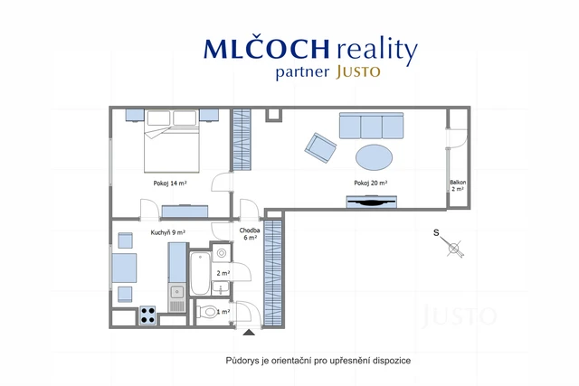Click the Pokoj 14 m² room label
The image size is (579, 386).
(x=170, y=183)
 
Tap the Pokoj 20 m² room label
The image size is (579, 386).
(x=370, y=183)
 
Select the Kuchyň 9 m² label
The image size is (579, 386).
(x=168, y=232)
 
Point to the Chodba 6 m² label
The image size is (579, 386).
(x=250, y=234)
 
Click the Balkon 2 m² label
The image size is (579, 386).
(x=458, y=185)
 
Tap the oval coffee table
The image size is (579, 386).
(x=374, y=157)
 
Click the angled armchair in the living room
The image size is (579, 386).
(x=320, y=147)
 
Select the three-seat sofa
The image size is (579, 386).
(x=371, y=126)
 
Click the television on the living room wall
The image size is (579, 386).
(x=371, y=202)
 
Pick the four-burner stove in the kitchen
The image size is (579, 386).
(x=147, y=315)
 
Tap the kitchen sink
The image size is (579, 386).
(x=177, y=292)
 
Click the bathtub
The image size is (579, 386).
(x=200, y=273)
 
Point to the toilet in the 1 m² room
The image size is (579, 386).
(x=207, y=312)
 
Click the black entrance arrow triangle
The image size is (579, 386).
(x=249, y=333)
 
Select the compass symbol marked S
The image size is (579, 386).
(x=449, y=243)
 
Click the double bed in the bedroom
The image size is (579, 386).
(x=171, y=141)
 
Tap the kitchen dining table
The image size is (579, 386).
(x=124, y=268)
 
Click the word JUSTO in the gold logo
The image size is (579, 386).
(x=358, y=71)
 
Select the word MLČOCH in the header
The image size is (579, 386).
(x=266, y=49)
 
